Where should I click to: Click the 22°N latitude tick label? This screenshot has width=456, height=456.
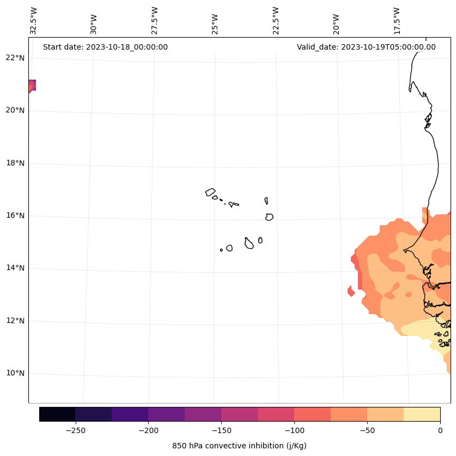[x=14, y=58]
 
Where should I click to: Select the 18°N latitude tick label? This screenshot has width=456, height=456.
[x=14, y=163]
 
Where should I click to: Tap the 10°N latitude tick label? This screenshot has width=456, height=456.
[x=14, y=374]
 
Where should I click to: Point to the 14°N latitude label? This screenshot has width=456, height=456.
[x=14, y=268]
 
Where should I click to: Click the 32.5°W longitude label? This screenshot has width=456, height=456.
[x=34, y=21]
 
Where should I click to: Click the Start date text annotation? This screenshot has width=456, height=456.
[x=105, y=47]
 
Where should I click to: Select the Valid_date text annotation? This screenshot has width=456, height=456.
[x=366, y=47]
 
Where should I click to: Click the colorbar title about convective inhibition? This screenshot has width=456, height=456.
[x=239, y=446]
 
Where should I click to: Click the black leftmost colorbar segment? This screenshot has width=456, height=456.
[x=57, y=414]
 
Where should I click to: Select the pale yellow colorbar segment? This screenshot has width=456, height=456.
[x=422, y=414]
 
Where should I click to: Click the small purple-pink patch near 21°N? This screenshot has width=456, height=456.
[x=32, y=86]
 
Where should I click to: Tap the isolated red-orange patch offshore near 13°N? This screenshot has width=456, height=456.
[x=351, y=291]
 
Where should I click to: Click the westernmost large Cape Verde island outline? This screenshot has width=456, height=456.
[x=210, y=192]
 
